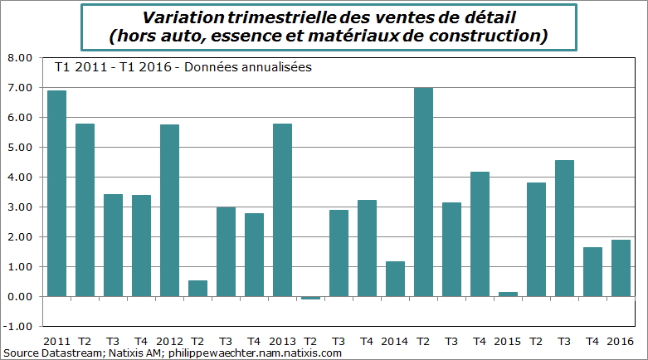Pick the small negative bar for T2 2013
(310, 298)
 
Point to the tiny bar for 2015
(508, 294)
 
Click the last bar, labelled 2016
(621, 268)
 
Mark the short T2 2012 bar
(197, 288)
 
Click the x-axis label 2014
(395, 341)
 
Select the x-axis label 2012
(169, 341)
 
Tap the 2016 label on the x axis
(621, 341)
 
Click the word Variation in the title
(179, 17)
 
